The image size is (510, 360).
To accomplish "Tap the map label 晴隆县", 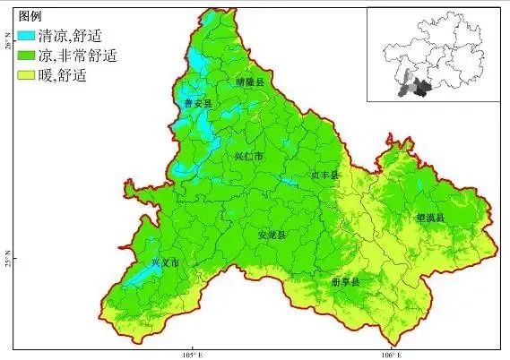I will (251, 81).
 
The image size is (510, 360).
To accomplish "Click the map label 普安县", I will (198, 104).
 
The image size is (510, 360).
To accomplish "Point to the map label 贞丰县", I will (324, 176).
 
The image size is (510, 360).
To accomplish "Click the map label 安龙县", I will (272, 235).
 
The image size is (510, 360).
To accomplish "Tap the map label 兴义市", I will (165, 263).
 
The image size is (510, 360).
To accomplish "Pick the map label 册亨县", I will (344, 281).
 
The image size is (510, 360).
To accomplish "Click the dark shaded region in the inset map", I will (419, 88).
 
